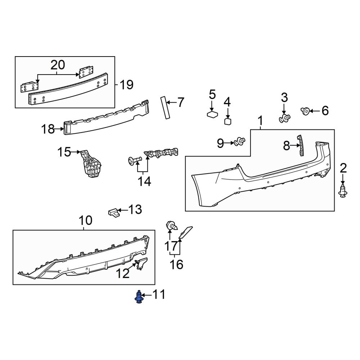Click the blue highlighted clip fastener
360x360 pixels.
139,297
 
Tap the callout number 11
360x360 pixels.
159,294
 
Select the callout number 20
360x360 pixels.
58,65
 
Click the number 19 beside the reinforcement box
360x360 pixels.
126,85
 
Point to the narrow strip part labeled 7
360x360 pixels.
165,108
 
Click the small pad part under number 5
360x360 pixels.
212,114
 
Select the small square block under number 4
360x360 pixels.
228,121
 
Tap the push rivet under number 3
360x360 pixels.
285,118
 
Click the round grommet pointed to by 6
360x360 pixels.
305,111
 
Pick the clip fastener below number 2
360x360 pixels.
343,191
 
